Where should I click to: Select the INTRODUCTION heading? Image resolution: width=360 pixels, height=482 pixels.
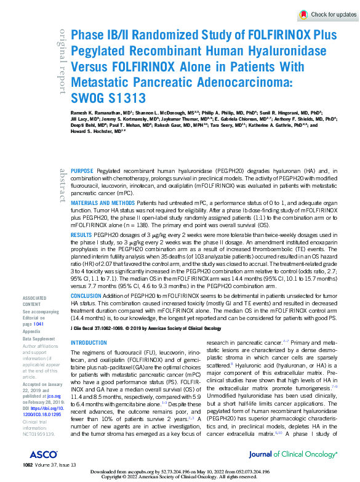pos(89,343)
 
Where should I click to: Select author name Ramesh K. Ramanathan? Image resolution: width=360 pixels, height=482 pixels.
pos(92,114)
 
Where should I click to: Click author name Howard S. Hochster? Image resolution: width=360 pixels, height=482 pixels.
pos(92,131)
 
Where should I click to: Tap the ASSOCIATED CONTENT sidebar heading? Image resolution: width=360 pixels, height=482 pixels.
pos(34,300)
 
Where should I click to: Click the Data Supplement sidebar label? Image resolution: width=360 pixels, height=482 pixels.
pos(38,339)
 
